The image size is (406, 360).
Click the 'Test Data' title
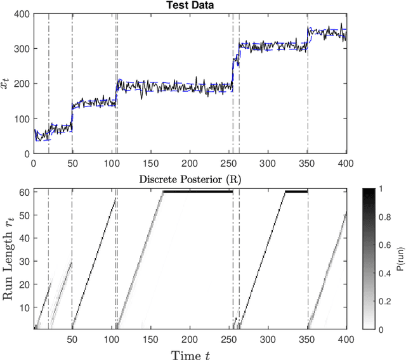point(190,6)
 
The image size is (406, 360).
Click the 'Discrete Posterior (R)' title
point(190,179)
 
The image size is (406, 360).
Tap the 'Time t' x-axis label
point(190,354)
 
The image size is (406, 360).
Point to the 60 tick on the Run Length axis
point(25,191)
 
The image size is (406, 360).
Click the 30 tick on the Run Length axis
point(25,260)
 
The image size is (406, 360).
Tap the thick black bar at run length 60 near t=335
point(296,191)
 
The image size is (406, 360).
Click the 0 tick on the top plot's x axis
point(34,162)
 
